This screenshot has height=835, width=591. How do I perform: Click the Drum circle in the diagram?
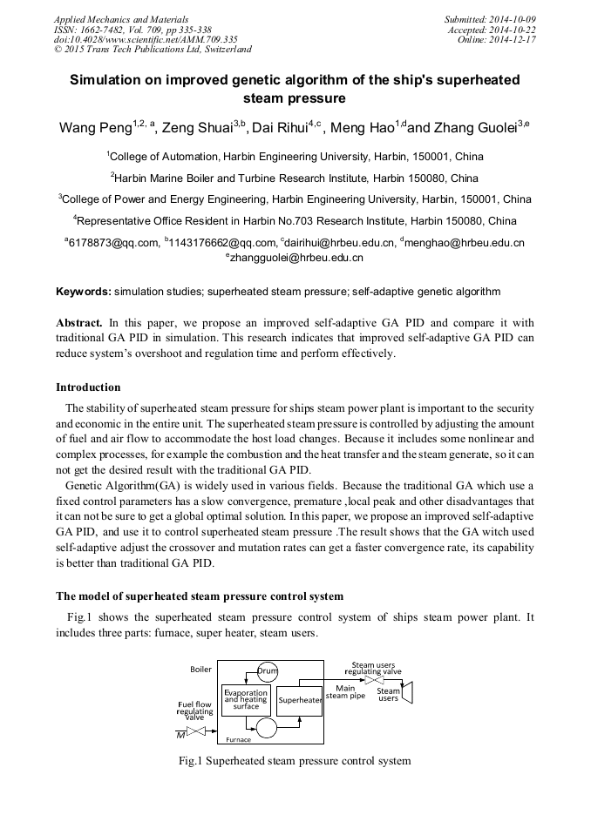point(268,670)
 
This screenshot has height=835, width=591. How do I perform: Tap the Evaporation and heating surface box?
point(246,700)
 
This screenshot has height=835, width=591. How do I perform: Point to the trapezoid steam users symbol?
point(407,692)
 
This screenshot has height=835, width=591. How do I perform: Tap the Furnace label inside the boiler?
point(238,739)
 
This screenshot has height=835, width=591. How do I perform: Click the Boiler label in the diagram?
point(200,669)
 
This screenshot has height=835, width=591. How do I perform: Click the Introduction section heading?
point(88,387)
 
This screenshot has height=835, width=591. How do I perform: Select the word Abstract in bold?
point(79,322)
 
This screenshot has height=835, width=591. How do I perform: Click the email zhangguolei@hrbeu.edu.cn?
point(296,258)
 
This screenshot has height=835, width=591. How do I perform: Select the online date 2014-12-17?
point(515,40)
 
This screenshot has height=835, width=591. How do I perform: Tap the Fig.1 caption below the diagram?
point(295,761)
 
